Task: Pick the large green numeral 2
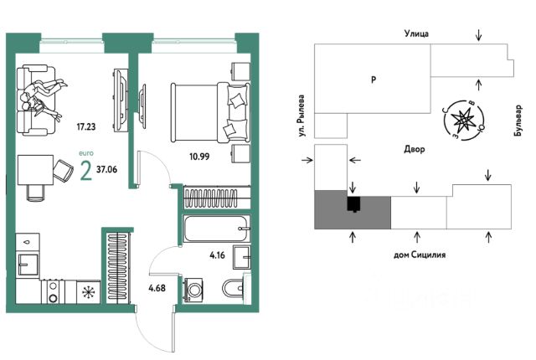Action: pos(85,170)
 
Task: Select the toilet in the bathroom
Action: pos(231,290)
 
